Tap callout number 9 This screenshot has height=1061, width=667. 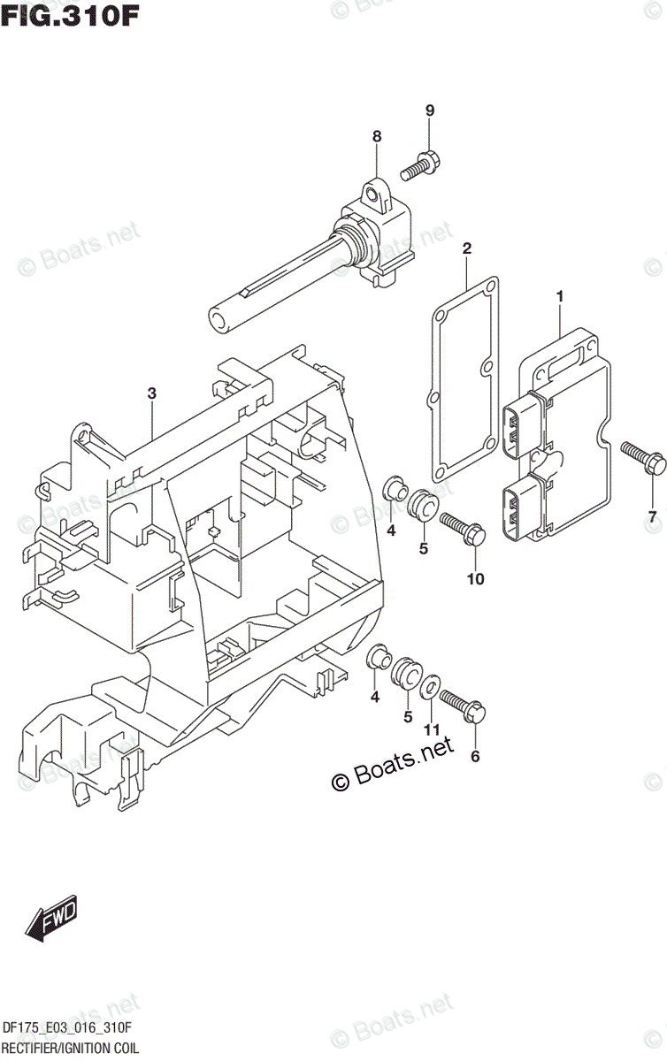pos(429,111)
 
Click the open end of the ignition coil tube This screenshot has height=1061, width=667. pos(218,317)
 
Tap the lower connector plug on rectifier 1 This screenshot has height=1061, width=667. pos(517,508)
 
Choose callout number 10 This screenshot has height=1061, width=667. pos(475,579)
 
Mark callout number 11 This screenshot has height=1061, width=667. pos(431,729)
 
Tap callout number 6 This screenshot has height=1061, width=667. pos(475,756)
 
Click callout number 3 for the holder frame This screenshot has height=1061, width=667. pos(152,393)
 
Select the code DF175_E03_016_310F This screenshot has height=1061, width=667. pos(67,1027)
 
